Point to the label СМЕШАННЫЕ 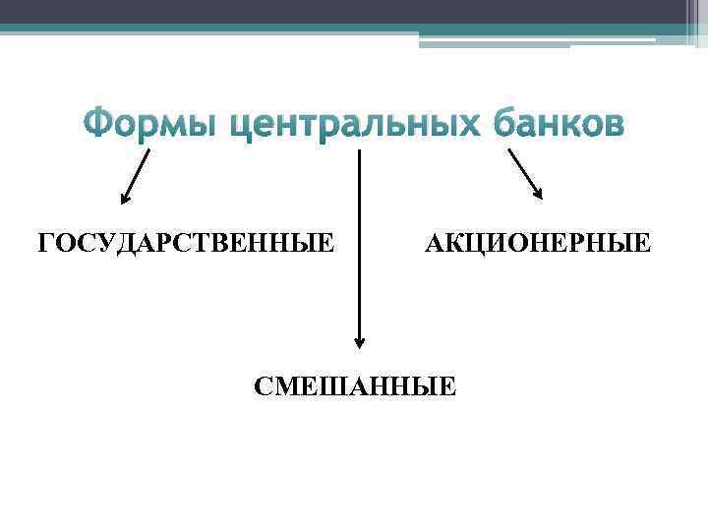click(355, 385)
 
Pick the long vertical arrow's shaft click(359, 246)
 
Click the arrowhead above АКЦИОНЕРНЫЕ click(538, 194)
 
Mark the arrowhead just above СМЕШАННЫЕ click(359, 342)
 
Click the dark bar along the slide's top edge click(354, 11)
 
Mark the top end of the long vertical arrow click(359, 152)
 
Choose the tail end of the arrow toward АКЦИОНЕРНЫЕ click(507, 149)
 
